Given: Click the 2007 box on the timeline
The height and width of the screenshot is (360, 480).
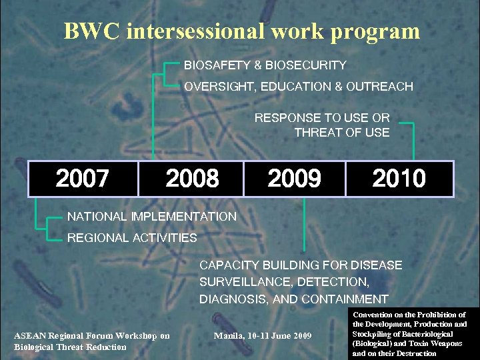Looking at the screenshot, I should pyautogui.click(x=82, y=179).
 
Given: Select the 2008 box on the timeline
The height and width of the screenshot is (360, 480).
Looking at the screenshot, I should pyautogui.click(x=192, y=179).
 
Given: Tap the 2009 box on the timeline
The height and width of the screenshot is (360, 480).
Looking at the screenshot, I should pyautogui.click(x=294, y=179).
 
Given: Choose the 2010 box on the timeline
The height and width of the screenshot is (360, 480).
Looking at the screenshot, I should pyautogui.click(x=399, y=179).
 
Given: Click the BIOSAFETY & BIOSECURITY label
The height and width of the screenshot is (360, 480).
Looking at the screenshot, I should pyautogui.click(x=265, y=65).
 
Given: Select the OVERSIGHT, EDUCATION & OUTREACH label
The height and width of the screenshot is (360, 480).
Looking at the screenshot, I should pyautogui.click(x=298, y=87).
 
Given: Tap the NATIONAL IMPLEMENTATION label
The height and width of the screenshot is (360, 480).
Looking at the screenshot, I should pyautogui.click(x=152, y=216).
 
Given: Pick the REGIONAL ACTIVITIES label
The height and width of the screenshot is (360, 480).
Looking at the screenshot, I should pyautogui.click(x=132, y=237).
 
